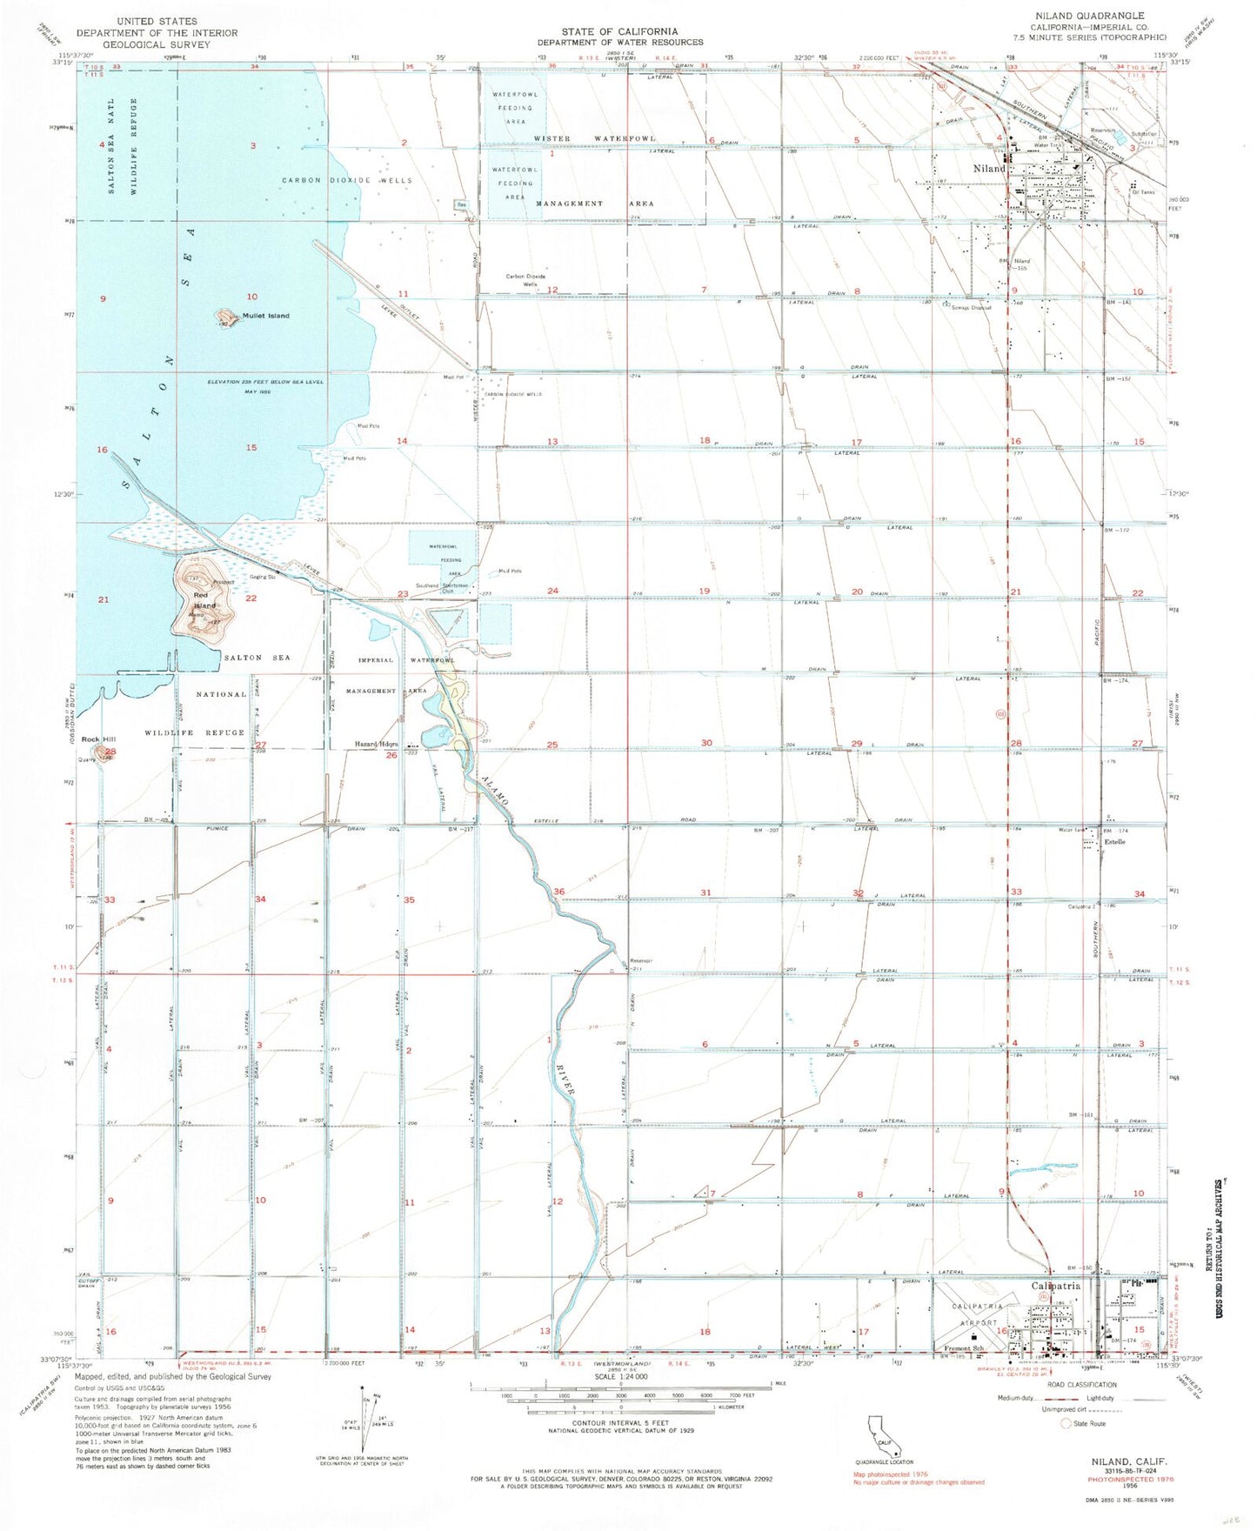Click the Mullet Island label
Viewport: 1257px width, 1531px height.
click(x=266, y=316)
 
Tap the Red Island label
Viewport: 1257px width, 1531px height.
click(x=204, y=600)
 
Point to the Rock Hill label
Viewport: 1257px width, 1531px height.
click(x=98, y=739)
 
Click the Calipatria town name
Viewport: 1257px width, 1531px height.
click(x=1055, y=1286)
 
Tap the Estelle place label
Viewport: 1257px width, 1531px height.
click(x=1114, y=842)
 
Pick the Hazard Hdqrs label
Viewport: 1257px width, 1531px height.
click(x=376, y=745)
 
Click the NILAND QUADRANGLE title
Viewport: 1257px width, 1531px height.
click(x=1077, y=16)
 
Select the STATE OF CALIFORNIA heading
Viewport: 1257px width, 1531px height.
click(x=619, y=31)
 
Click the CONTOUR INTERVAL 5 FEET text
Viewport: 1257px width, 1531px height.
click(x=619, y=1416)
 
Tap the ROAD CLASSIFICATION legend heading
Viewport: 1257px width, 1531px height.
click(x=1082, y=1385)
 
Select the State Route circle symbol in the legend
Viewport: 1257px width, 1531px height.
click(x=1066, y=1423)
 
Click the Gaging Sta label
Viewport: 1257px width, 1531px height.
click(x=263, y=577)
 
